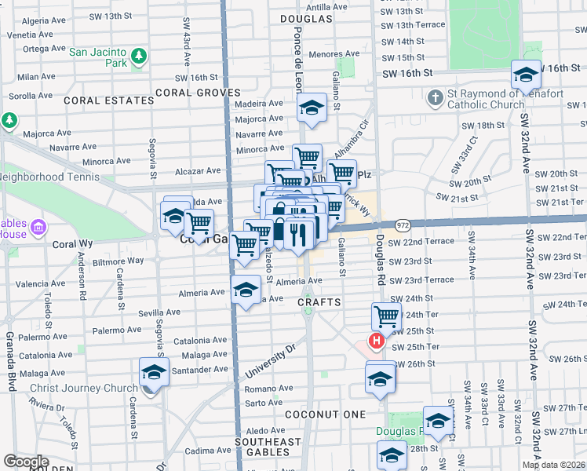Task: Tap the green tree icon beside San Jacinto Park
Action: (x=139, y=56)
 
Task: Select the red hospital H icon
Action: (x=376, y=341)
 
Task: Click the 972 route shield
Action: (x=403, y=225)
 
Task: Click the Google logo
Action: (x=26, y=462)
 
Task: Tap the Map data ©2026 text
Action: (x=553, y=465)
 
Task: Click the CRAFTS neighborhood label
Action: (x=319, y=302)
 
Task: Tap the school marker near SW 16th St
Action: (x=526, y=75)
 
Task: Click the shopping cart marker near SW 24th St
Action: (x=386, y=316)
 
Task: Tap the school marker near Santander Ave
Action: (x=154, y=372)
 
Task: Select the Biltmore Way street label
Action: (x=118, y=260)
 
